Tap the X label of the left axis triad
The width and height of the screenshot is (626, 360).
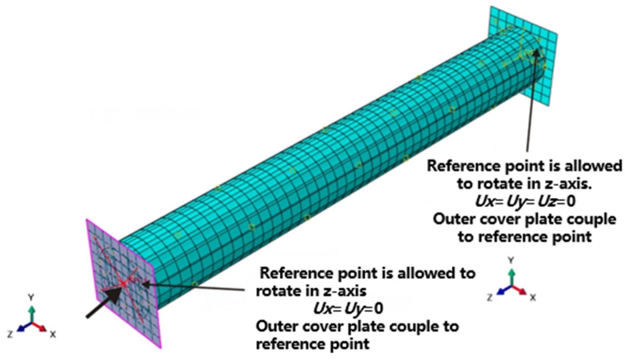coord(53,334)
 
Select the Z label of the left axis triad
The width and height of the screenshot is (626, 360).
coord(10,334)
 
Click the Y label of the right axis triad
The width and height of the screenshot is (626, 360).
coord(511,260)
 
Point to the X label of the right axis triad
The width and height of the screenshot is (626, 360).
coord(533,297)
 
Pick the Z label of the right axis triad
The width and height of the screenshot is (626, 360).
coord(490,297)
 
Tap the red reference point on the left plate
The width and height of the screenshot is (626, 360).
coord(124,283)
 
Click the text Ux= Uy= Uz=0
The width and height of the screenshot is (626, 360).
coord(525,201)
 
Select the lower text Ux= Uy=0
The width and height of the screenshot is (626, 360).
coord(348,308)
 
